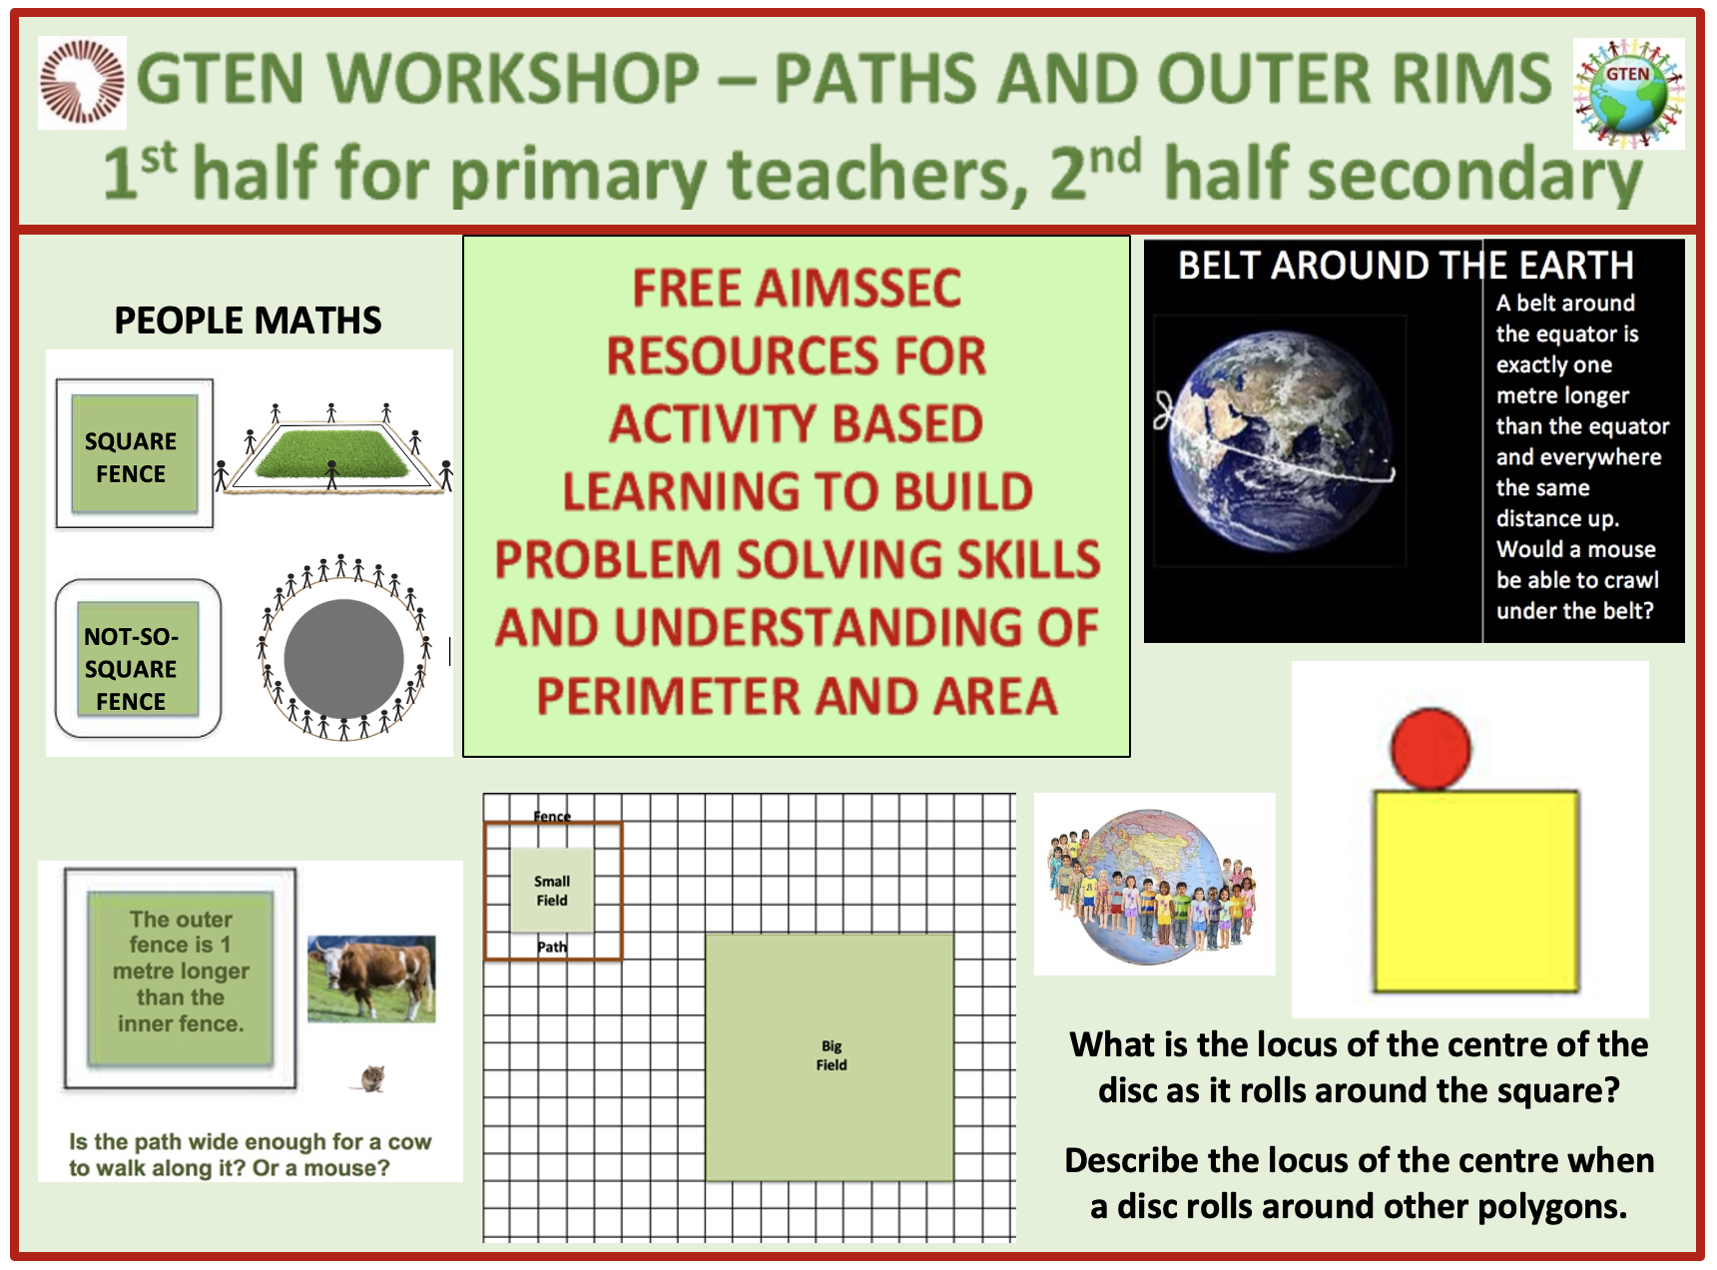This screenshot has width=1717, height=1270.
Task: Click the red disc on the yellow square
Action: pyautogui.click(x=1430, y=750)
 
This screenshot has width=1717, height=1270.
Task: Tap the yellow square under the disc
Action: pyautogui.click(x=1476, y=891)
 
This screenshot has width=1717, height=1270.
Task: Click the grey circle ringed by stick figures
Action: pyautogui.click(x=343, y=658)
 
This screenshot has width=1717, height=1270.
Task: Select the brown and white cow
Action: pyautogui.click(x=371, y=978)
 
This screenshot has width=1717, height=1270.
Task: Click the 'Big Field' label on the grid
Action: pyautogui.click(x=832, y=1055)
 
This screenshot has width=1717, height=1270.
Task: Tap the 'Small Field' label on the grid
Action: pyautogui.click(x=552, y=891)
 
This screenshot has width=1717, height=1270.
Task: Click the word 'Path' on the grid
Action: pyautogui.click(x=552, y=947)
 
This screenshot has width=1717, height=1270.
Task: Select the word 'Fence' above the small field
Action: pyautogui.click(x=552, y=816)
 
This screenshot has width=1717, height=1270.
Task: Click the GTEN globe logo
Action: pyautogui.click(x=1628, y=94)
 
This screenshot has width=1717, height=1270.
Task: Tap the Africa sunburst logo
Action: pyautogui.click(x=82, y=83)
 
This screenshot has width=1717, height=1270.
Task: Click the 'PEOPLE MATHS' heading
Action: pyautogui.click(x=248, y=320)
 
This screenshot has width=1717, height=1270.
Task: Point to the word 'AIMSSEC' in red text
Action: pyautogui.click(x=797, y=289)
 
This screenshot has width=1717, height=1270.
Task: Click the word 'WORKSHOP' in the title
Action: pyautogui.click(x=513, y=79)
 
